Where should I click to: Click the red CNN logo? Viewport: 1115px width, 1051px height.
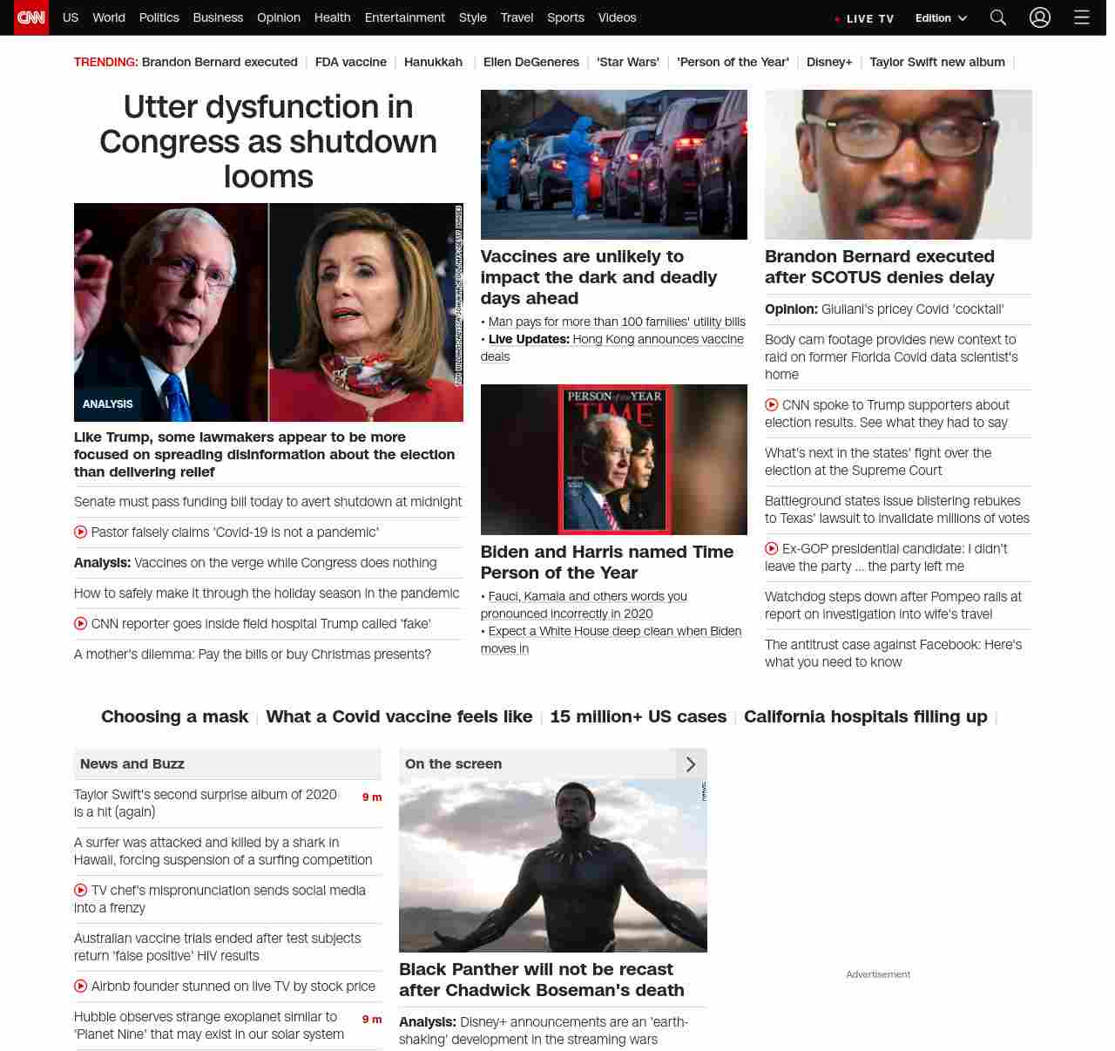click(x=31, y=17)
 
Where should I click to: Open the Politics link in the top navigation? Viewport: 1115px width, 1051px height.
click(x=159, y=17)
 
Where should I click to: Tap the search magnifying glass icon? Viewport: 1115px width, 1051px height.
click(x=998, y=17)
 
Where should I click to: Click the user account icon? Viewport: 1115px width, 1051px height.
click(x=1040, y=17)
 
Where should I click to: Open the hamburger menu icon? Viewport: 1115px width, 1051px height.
click(x=1082, y=17)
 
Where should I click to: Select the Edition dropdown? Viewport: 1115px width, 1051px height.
click(x=941, y=18)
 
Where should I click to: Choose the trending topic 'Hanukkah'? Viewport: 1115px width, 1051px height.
click(x=433, y=62)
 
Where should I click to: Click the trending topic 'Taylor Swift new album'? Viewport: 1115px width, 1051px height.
click(x=936, y=62)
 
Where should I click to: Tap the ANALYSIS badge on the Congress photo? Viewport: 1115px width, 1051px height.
click(x=108, y=404)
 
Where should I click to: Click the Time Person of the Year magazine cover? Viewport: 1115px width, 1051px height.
click(x=614, y=459)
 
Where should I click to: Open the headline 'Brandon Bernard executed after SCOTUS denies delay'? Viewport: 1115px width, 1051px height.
click(x=879, y=267)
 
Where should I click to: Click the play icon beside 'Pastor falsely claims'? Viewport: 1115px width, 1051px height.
click(x=81, y=532)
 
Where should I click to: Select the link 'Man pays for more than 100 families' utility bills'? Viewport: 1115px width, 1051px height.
click(x=617, y=322)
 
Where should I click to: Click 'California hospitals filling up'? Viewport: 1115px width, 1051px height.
click(x=865, y=716)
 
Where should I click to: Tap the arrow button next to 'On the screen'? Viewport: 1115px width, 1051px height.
click(x=691, y=764)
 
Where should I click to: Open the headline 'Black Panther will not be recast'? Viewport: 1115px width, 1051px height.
click(x=541, y=980)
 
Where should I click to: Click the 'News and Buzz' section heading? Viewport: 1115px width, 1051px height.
click(x=132, y=763)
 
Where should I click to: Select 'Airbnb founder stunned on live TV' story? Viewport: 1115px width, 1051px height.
click(x=233, y=986)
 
